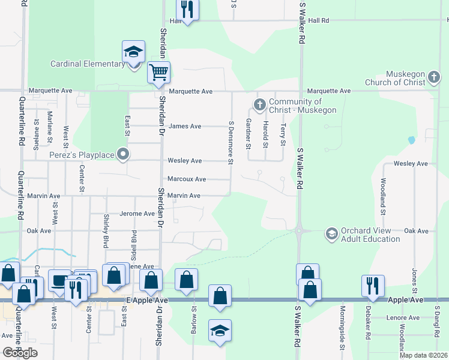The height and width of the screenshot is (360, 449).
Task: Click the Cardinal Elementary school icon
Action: (134, 52)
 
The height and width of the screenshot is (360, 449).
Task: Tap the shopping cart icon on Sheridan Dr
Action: (158, 73)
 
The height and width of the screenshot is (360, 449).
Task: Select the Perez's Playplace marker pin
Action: (124, 155)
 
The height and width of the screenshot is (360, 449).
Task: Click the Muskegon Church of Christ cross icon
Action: (435, 78)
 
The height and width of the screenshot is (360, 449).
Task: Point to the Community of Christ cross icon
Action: (260, 106)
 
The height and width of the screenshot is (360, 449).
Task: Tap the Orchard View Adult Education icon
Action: (331, 234)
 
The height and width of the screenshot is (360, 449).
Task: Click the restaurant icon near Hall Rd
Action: (187, 9)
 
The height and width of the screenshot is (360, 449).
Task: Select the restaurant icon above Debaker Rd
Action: (373, 286)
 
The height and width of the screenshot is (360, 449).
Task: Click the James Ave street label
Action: (185, 126)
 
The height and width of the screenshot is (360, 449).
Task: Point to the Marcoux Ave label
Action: (187, 179)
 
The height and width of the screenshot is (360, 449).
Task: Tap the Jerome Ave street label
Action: (137, 214)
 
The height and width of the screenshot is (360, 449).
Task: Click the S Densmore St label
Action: (231, 142)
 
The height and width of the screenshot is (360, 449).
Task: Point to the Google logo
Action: (20, 352)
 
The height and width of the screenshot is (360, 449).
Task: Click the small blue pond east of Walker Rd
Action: (411, 140)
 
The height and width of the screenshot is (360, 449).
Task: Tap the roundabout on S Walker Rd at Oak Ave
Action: (298, 230)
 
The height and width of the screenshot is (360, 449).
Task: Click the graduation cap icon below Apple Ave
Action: (220, 331)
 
